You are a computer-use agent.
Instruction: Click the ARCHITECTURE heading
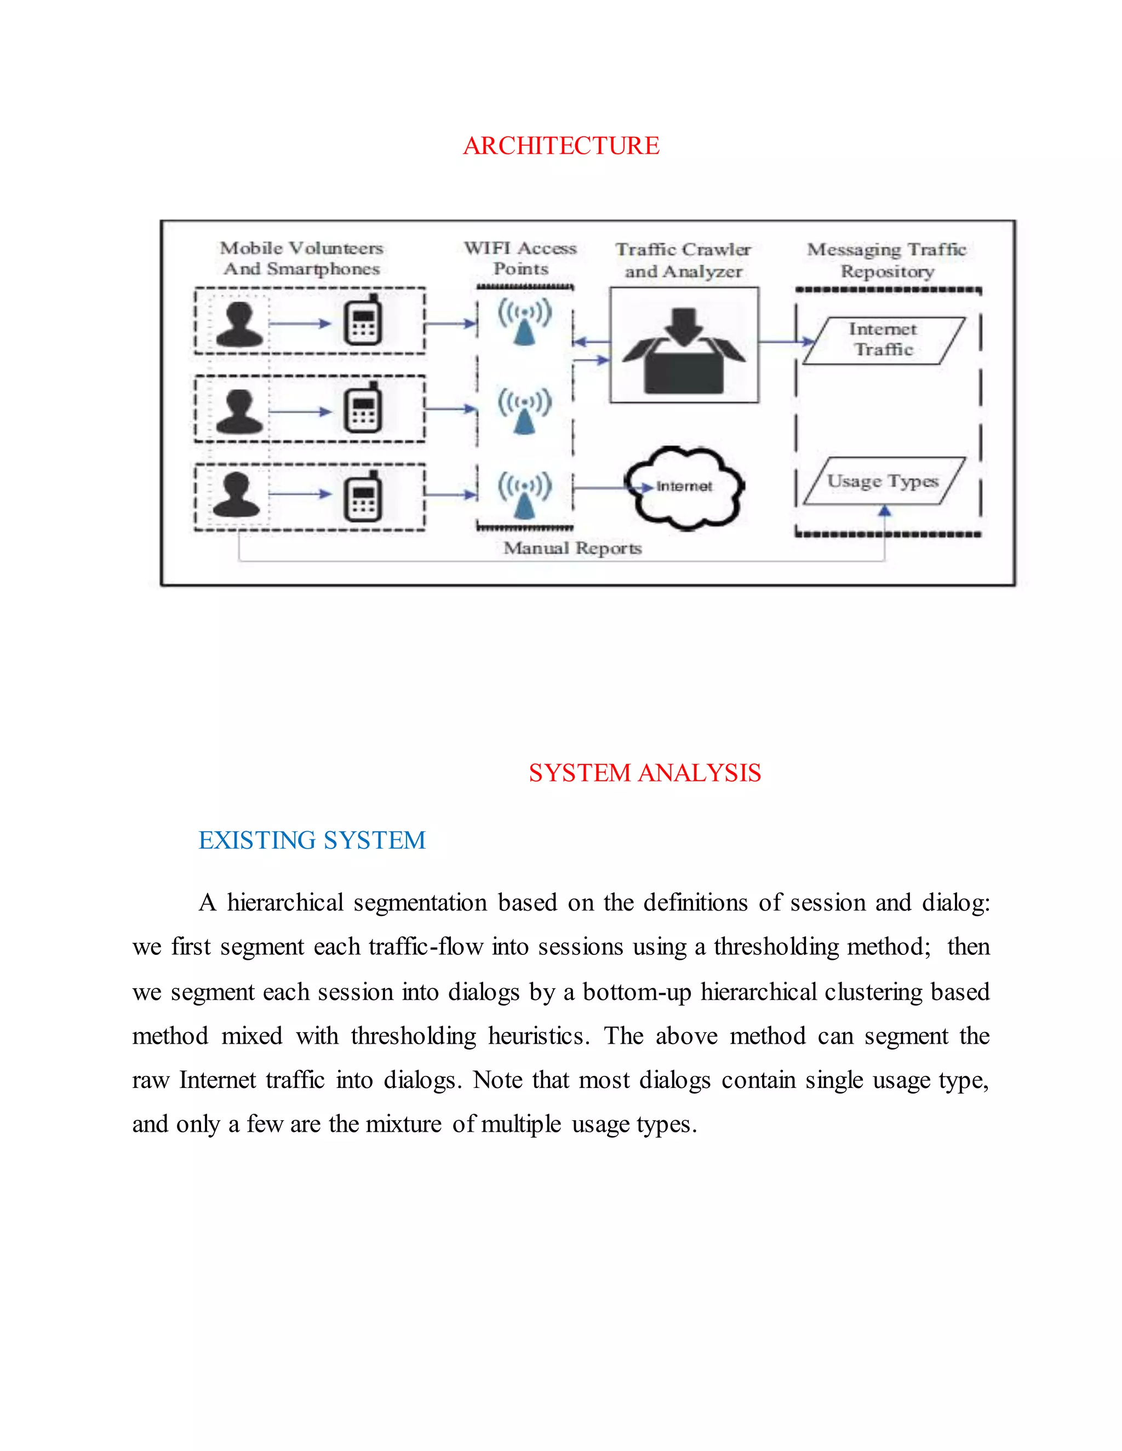coord(561,146)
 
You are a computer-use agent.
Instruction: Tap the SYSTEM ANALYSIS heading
coord(644,773)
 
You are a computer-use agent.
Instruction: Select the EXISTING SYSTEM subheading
coord(312,840)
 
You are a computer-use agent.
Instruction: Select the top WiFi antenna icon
coord(524,321)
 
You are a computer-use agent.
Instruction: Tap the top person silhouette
coord(239,324)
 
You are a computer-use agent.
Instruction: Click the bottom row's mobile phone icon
coord(363,497)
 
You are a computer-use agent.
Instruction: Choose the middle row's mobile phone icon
coord(363,408)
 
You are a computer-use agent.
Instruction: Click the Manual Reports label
coord(573,548)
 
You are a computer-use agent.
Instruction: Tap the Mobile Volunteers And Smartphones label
coord(302,258)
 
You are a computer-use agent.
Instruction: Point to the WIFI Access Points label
coord(520,258)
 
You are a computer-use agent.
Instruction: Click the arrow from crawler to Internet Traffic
coord(786,342)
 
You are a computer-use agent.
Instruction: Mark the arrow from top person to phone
coord(300,324)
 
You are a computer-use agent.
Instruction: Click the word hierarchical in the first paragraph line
coord(285,903)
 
